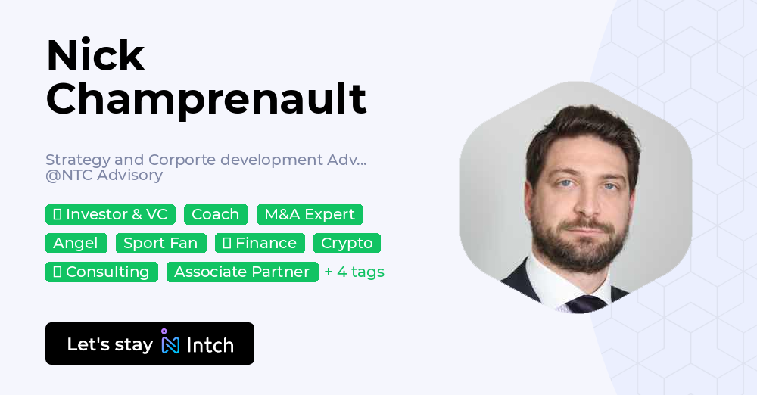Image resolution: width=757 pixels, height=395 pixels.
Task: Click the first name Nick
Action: (95, 56)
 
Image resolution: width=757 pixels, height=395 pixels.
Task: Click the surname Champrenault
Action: (206, 99)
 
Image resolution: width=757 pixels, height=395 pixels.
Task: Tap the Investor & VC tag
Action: (111, 214)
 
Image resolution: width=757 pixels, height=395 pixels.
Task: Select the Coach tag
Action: (215, 214)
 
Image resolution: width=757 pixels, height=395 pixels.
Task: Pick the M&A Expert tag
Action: (310, 214)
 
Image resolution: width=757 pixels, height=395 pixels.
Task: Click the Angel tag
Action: (76, 243)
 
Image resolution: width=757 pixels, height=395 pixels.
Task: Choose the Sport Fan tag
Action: (160, 243)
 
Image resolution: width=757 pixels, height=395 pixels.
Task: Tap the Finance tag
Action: (260, 243)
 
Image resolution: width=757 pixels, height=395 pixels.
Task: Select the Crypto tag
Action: (347, 243)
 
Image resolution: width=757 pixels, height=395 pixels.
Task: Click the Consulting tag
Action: (101, 272)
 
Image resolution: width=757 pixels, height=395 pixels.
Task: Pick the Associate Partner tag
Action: (242, 272)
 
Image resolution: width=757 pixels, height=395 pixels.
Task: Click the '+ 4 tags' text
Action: (354, 272)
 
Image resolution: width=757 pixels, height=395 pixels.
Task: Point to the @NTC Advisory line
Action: (104, 176)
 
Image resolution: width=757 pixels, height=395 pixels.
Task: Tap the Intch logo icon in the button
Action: (170, 342)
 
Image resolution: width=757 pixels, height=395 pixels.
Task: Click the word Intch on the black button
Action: (210, 345)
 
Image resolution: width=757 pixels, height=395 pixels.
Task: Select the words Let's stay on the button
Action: (110, 344)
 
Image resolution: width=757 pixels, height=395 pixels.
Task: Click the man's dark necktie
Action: (586, 303)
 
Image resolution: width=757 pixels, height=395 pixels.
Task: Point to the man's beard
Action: (578, 242)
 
